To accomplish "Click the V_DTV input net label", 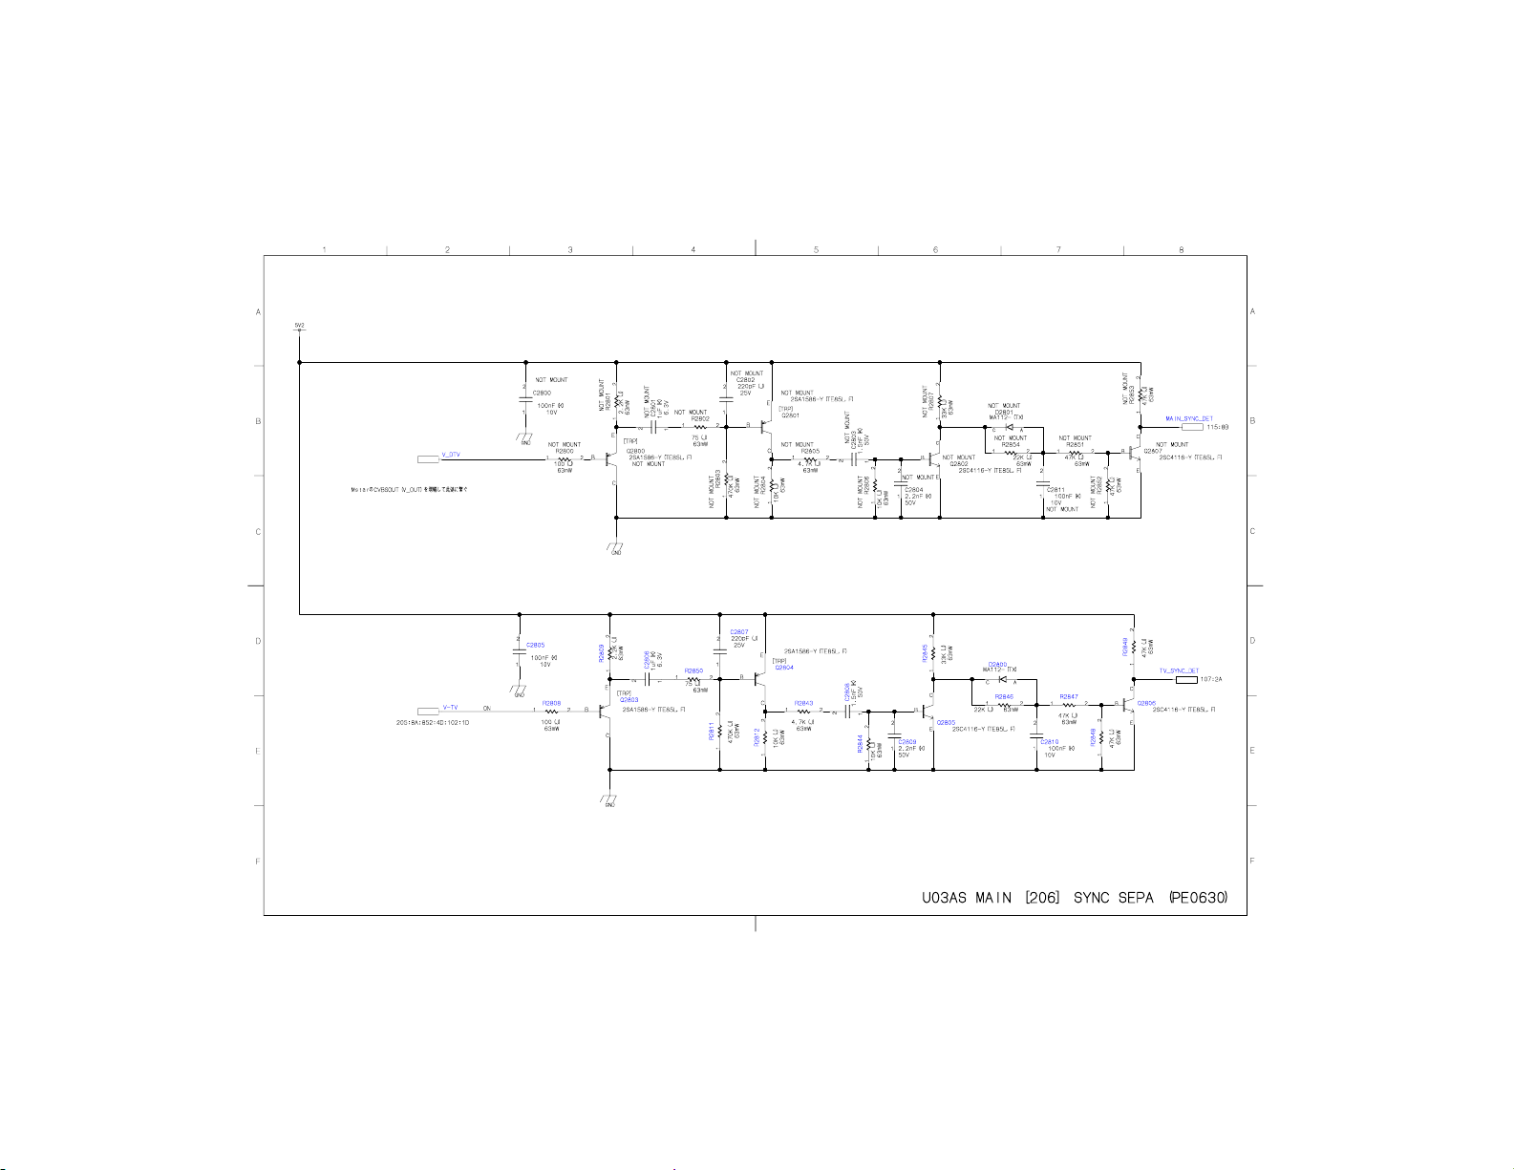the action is point(451,456).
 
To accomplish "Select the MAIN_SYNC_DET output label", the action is point(1188,418).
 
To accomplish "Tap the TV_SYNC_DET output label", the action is point(1179,670).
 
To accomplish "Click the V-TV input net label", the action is point(450,708).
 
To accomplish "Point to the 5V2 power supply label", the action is point(299,326).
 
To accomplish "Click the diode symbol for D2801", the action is point(1009,428).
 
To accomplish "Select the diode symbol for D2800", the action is point(1001,680).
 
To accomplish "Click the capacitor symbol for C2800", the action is point(525,398).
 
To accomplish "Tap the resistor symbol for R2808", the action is point(551,711).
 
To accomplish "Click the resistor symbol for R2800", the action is point(564,458).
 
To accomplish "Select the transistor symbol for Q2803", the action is point(604,711).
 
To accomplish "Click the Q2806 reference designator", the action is point(1146,703).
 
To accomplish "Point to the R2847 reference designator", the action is point(1068,697).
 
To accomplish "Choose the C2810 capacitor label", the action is point(1049,741).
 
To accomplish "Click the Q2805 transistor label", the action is point(946,722).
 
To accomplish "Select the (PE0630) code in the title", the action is point(1198,898).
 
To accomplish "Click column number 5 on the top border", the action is point(816,250).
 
